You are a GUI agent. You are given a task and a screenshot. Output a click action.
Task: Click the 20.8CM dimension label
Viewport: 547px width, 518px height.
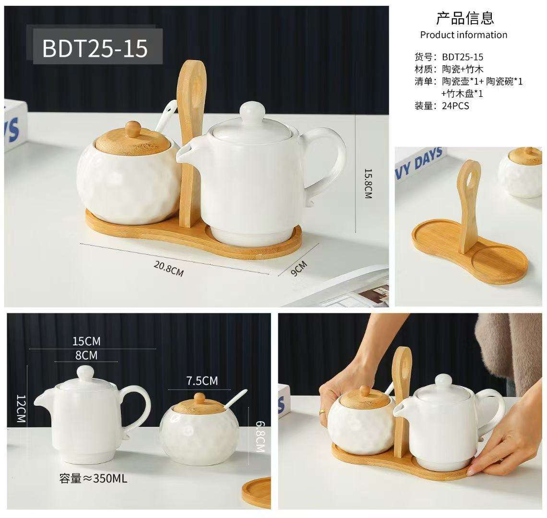(168, 269)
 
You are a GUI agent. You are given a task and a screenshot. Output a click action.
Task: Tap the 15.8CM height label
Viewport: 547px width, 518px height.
(369, 184)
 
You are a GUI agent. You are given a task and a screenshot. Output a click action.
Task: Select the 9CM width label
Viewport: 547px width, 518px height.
(299, 268)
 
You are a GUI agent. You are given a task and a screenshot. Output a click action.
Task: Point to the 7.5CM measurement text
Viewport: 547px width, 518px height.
(202, 380)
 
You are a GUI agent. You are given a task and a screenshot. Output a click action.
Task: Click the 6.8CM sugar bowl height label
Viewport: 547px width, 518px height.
(261, 436)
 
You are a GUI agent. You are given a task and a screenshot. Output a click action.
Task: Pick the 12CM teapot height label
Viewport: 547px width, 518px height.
(21, 409)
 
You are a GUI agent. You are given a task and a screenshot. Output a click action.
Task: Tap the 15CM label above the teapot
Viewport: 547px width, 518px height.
(86, 341)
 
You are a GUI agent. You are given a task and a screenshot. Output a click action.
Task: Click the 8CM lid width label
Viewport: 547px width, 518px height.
(86, 355)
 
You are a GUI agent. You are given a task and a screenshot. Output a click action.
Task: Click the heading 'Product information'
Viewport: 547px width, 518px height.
(464, 35)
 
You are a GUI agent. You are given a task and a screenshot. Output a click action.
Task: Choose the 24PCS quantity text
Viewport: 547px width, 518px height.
(456, 106)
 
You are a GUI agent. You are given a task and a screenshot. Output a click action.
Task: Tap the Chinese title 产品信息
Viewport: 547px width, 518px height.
(465, 18)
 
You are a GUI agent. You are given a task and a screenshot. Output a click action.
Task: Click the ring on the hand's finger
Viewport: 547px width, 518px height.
(321, 412)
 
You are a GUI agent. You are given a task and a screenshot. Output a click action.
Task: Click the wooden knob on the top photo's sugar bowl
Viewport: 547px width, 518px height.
(133, 129)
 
